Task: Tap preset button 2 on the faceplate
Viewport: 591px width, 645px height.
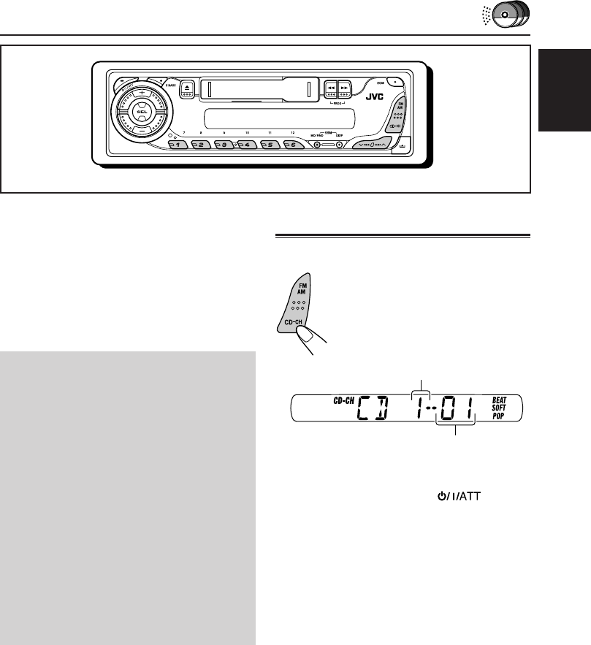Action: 197,145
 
